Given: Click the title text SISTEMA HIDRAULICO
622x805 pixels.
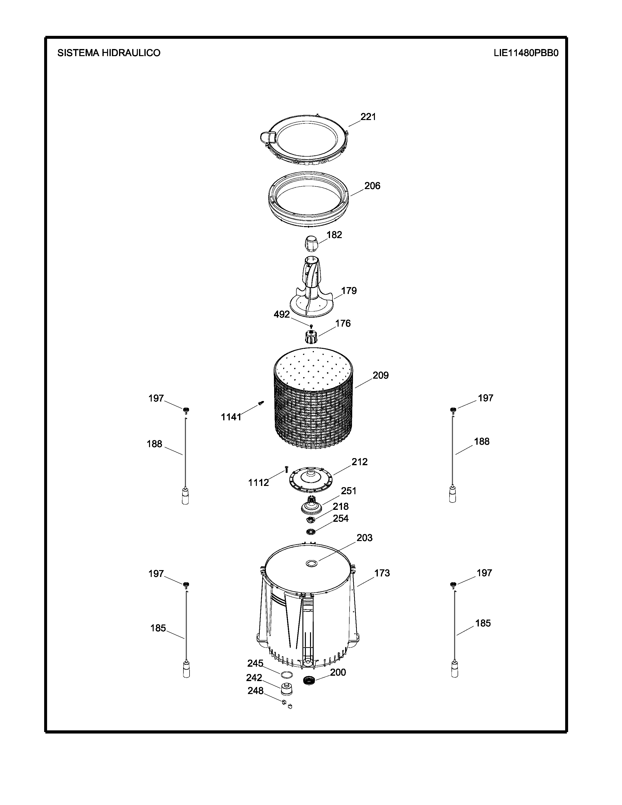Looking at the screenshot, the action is click(x=109, y=53).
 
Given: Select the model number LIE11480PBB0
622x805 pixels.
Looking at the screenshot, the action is click(x=526, y=53).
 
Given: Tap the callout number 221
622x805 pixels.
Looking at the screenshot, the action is click(x=368, y=117).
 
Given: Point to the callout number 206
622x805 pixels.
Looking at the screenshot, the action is click(x=372, y=186).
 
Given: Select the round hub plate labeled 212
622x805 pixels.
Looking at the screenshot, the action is click(x=312, y=480).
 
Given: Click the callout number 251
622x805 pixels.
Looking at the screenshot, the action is click(x=349, y=491).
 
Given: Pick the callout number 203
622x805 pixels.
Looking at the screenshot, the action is click(x=364, y=538).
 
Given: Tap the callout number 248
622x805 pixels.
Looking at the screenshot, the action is click(x=255, y=690).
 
